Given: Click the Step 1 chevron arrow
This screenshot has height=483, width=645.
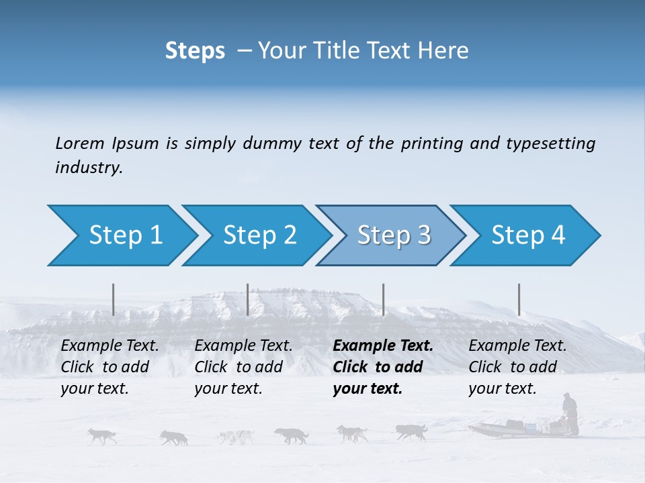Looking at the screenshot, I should pyautogui.click(x=121, y=235).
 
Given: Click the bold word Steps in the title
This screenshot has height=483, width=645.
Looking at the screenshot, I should pyautogui.click(x=195, y=50).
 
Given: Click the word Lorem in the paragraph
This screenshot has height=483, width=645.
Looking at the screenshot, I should pyautogui.click(x=80, y=143).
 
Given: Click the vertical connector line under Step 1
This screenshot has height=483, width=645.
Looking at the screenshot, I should pyautogui.click(x=114, y=299).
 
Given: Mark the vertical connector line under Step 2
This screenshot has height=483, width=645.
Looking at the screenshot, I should pyautogui.click(x=248, y=299).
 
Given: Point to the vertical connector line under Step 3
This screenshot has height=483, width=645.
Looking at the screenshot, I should pyautogui.click(x=384, y=299).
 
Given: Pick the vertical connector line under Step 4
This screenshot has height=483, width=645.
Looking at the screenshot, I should pyautogui.click(x=519, y=299).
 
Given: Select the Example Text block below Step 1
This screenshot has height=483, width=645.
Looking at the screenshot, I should pyautogui.click(x=110, y=367).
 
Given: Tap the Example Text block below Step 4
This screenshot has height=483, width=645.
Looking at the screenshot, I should pyautogui.click(x=517, y=367).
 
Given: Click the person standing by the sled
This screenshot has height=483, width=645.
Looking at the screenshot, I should pyautogui.click(x=570, y=413).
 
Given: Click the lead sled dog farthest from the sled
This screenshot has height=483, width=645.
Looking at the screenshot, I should pyautogui.click(x=101, y=436).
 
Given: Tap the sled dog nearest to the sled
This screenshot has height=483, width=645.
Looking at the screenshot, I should pyautogui.click(x=411, y=432).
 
